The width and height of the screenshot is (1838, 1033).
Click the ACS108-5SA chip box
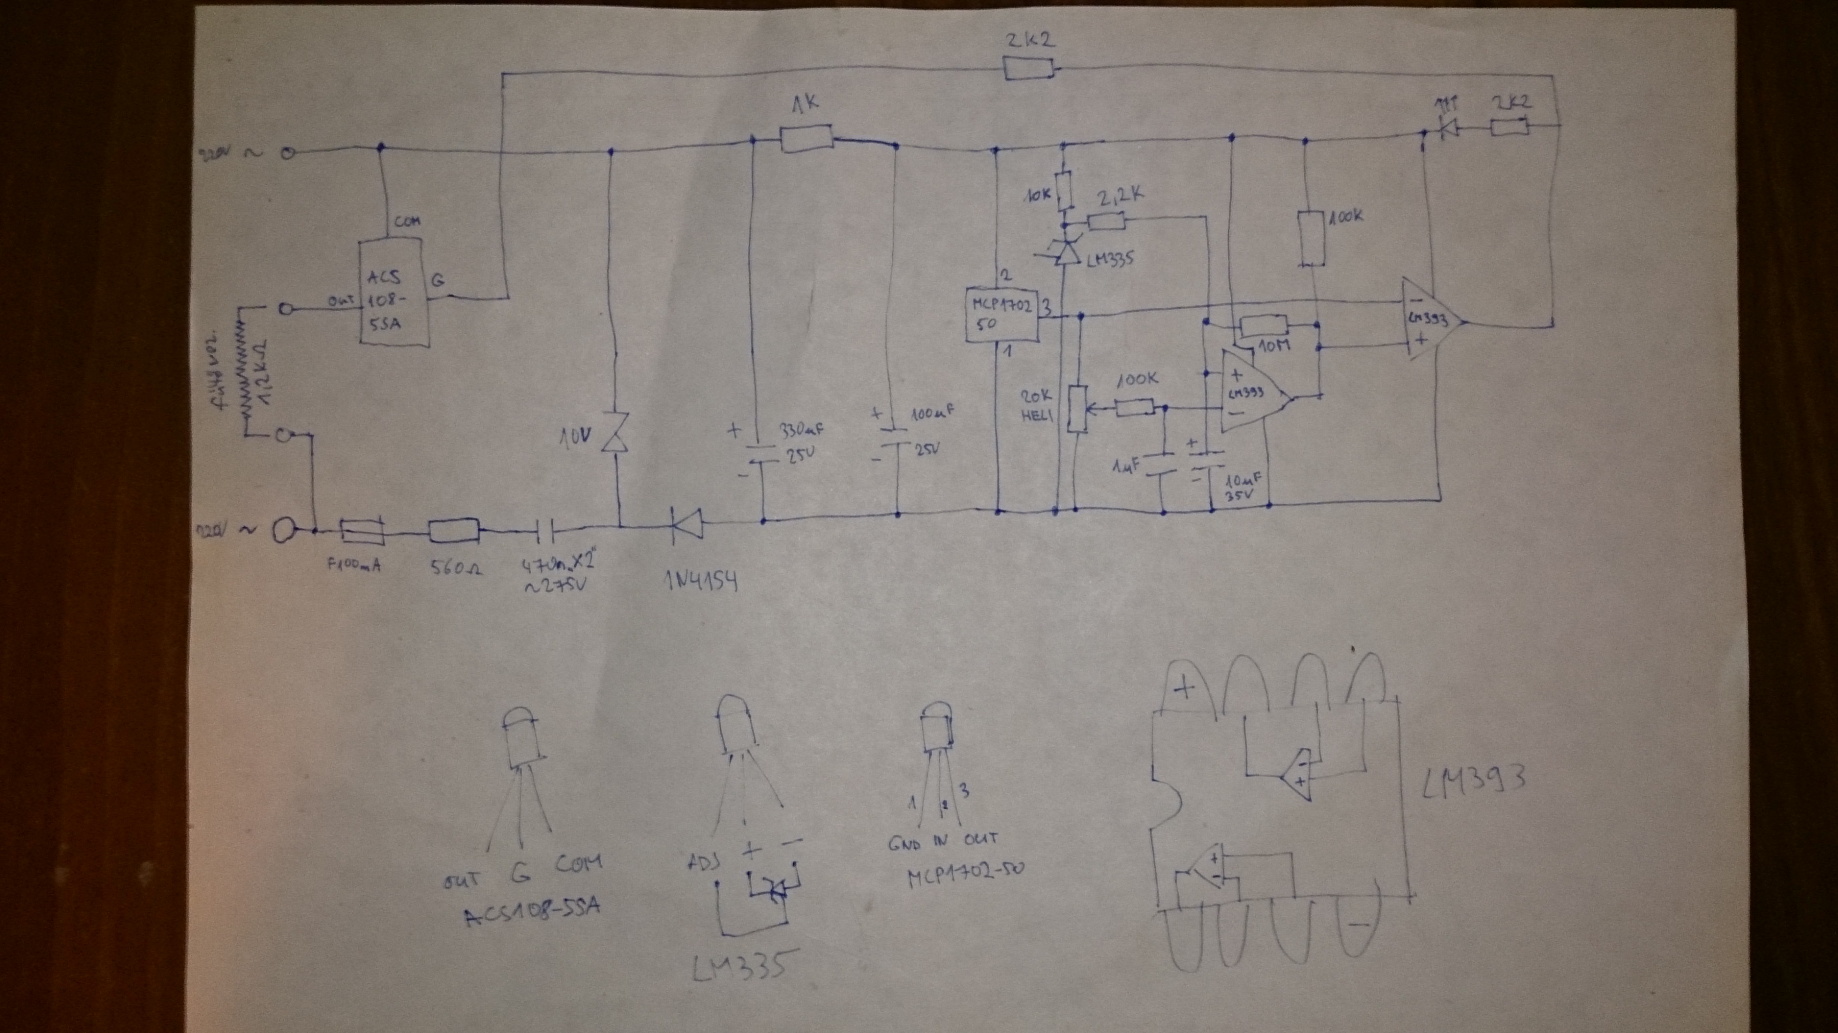point(394,293)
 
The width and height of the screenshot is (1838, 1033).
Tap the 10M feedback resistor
point(1264,327)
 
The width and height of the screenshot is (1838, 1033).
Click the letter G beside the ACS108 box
point(437,280)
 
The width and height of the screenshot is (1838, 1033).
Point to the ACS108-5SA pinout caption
point(532,913)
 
